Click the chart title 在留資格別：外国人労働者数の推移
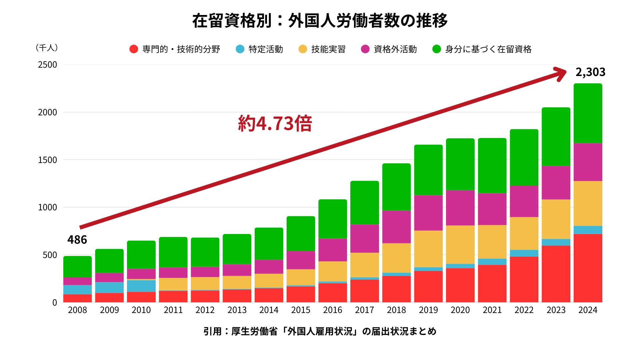click(x=320, y=21)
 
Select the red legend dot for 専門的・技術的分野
click(x=134, y=49)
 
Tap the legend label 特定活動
click(x=266, y=49)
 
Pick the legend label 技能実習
click(x=328, y=49)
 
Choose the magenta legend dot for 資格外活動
click(x=365, y=49)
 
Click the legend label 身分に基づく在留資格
click(x=488, y=49)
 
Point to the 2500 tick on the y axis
click(x=47, y=65)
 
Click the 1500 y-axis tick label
click(x=47, y=160)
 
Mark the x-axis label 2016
click(x=333, y=310)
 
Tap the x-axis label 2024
click(x=588, y=310)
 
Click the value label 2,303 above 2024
click(x=590, y=72)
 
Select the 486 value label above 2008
click(x=77, y=240)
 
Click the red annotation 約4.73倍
click(x=275, y=123)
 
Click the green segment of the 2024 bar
click(x=588, y=113)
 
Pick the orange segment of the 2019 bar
click(x=428, y=249)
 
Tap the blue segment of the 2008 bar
click(x=77, y=289)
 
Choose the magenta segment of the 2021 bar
click(x=492, y=209)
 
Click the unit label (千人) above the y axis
click(x=47, y=48)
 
